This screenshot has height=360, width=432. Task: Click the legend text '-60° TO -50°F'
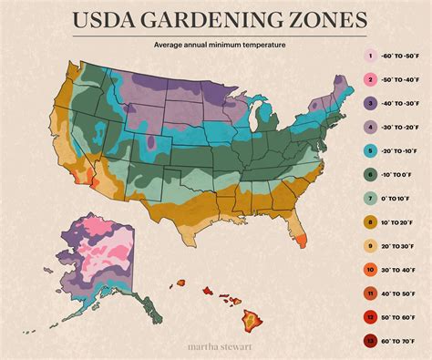pyautogui.click(x=400, y=57)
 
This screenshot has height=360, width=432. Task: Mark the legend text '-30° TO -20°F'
pyautogui.click(x=400, y=127)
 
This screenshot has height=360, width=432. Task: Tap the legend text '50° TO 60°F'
pyautogui.click(x=402, y=317)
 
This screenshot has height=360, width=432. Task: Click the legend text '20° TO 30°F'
pyautogui.click(x=402, y=244)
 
